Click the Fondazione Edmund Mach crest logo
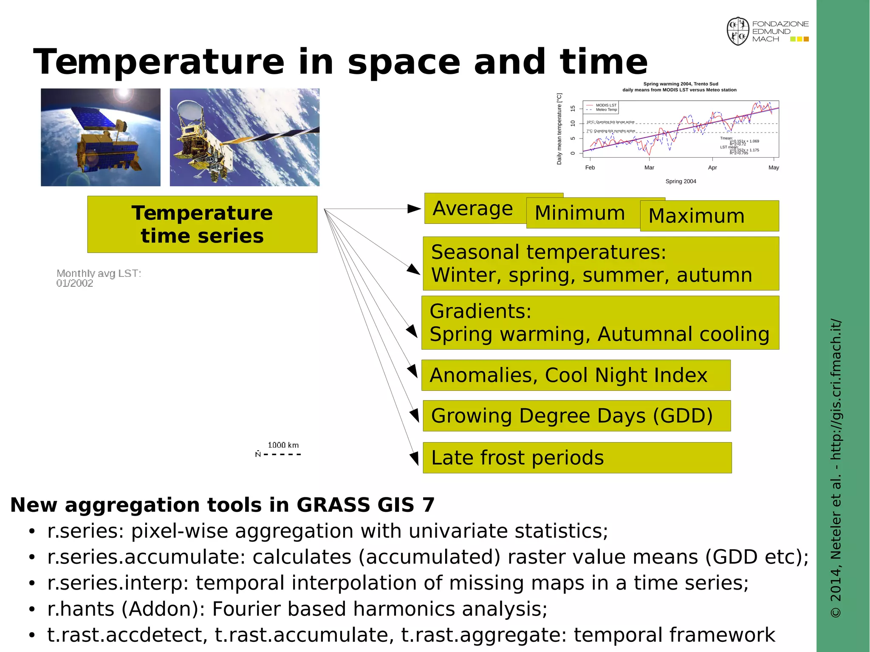tap(738, 31)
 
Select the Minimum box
tap(580, 213)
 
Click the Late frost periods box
tap(577, 457)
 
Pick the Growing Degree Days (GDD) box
tap(576, 415)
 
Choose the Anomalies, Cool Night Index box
tap(576, 375)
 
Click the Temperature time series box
tap(202, 224)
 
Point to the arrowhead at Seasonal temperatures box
tap(414, 270)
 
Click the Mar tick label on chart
tap(649, 168)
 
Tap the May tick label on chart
tap(773, 168)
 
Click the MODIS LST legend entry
tap(606, 105)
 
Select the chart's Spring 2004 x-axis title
tap(681, 181)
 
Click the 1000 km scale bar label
tap(283, 445)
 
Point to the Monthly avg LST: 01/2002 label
tap(98, 278)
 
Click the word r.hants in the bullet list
tap(81, 609)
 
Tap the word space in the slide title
tap(404, 63)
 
